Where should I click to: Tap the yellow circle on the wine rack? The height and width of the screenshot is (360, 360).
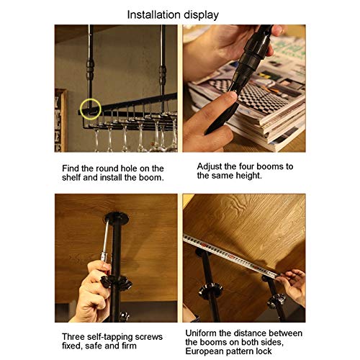pos(91,109)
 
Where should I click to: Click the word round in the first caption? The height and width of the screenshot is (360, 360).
pos(107,168)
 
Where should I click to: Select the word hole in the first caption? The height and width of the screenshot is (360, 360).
pos(129,168)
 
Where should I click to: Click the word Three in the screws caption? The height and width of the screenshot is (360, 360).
pos(73,337)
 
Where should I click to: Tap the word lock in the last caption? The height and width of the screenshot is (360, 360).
pos(264,351)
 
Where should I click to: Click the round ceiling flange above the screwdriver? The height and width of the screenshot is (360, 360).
pos(117,217)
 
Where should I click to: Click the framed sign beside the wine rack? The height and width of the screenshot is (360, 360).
pos(60,120)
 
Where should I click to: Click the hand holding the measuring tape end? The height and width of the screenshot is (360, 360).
pos(293,286)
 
